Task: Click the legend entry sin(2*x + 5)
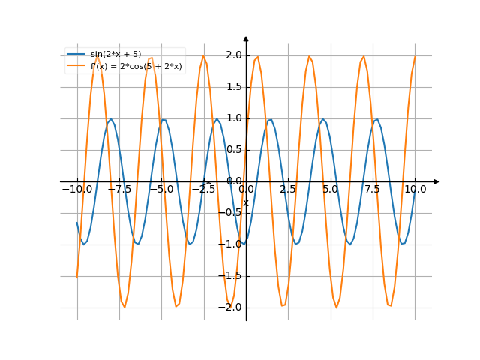(115, 55)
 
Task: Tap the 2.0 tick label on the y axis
(233, 55)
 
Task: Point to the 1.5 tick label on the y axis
(233, 87)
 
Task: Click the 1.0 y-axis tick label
(233, 118)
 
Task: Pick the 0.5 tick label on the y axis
(233, 150)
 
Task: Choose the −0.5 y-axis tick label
(231, 213)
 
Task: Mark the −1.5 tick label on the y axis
(231, 276)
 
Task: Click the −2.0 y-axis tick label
(231, 307)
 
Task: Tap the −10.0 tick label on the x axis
(76, 190)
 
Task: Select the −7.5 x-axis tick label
(119, 190)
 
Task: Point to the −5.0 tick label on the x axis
(161, 190)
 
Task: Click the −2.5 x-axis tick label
(203, 190)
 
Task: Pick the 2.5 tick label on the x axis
(288, 190)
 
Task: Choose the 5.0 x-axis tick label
(330, 190)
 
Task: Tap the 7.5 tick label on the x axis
(373, 190)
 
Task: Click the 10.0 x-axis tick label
(415, 190)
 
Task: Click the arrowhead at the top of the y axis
(246, 38)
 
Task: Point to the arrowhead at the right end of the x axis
(436, 181)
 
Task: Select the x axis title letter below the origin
(245, 203)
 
